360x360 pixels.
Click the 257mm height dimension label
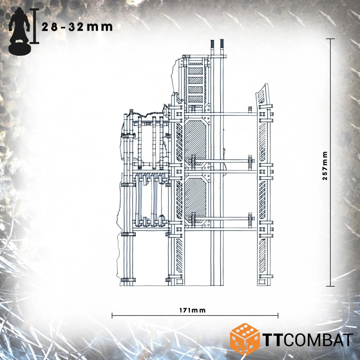[324, 166]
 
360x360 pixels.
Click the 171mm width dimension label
[193, 310]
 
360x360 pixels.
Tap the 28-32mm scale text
[77, 27]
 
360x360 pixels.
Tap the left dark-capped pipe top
[212, 44]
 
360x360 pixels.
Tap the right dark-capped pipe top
[222, 44]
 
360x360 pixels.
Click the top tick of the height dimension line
[330, 39]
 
